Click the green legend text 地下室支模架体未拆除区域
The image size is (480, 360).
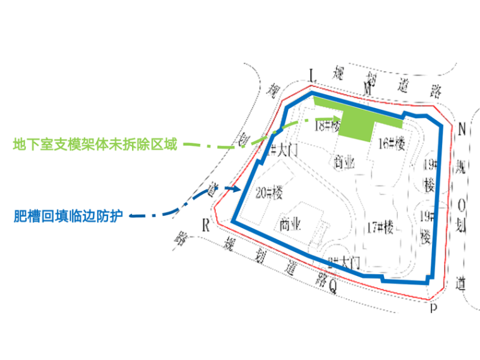(95, 144)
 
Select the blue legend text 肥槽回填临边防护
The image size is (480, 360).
(68, 216)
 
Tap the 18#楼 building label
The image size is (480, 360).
(326, 126)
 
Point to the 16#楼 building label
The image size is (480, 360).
(391, 144)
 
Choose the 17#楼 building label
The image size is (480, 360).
(380, 226)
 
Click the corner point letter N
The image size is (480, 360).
(462, 129)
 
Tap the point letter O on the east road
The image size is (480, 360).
(462, 204)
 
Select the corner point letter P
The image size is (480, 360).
(434, 308)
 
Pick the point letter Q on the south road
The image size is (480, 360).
(333, 287)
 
